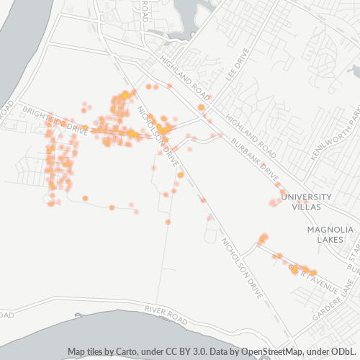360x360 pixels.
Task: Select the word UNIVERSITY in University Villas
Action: tap(306, 197)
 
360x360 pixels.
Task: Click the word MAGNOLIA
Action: tap(330, 230)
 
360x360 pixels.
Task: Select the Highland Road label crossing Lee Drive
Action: tap(186, 79)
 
